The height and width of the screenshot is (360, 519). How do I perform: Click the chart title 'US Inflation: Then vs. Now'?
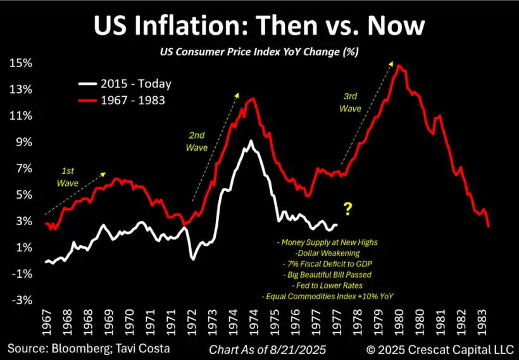[259, 26]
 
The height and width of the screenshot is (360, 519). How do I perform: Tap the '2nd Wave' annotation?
[197, 141]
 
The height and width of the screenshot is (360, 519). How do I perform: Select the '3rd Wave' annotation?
[350, 103]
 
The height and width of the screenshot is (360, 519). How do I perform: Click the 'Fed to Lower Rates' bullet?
[328, 285]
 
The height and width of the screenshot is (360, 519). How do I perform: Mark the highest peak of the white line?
[251, 141]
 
